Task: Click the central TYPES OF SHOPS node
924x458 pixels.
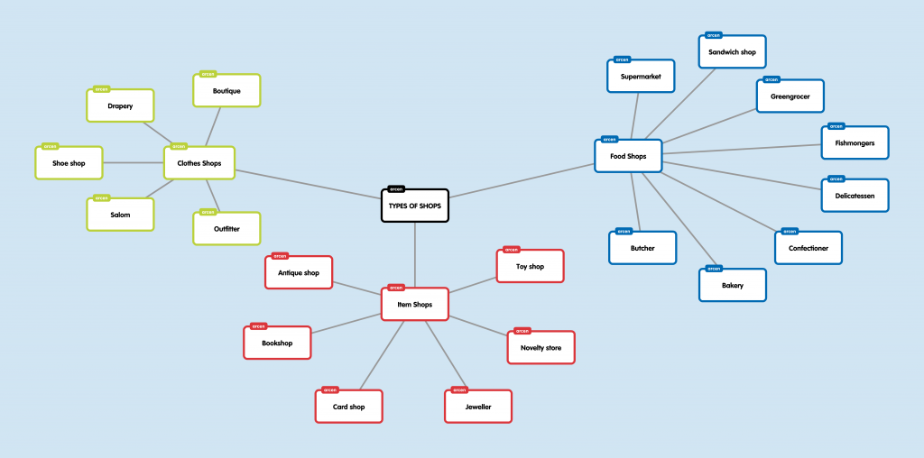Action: click(x=414, y=206)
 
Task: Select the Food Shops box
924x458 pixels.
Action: click(x=628, y=157)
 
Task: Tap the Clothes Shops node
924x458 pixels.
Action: click(x=199, y=163)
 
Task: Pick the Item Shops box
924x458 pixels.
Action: click(x=414, y=305)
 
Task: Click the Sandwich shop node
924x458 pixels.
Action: click(x=732, y=52)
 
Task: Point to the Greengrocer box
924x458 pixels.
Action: click(x=790, y=96)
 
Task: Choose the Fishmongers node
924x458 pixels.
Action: click(x=855, y=143)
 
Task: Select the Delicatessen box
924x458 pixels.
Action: click(x=855, y=196)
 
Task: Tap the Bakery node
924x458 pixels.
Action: click(x=732, y=286)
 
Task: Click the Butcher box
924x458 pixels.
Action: click(x=642, y=248)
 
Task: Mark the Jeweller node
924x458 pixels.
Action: click(x=478, y=407)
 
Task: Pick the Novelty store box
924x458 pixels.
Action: click(x=541, y=347)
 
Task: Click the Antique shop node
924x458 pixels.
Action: click(x=299, y=272)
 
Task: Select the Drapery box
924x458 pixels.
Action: click(x=120, y=106)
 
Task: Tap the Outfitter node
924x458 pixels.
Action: click(x=226, y=229)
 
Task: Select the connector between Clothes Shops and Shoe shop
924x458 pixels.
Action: click(x=134, y=163)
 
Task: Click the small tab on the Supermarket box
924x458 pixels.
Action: click(x=622, y=60)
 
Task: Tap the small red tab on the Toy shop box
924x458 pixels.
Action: click(x=511, y=250)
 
